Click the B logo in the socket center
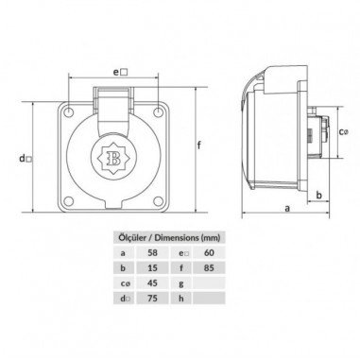(113, 156)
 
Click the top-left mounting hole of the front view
(68, 111)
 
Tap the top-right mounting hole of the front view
(158, 111)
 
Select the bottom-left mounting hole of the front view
(68, 201)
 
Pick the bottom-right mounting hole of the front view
(158, 201)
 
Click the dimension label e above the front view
(120, 72)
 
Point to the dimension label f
(199, 146)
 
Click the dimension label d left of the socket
(26, 159)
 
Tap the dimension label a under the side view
(287, 209)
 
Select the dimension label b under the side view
(318, 195)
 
